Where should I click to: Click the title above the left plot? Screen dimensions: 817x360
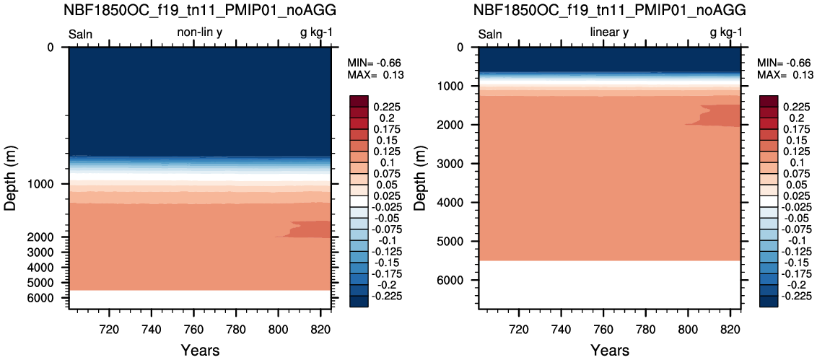[x=201, y=9]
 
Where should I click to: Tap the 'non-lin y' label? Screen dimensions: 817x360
[x=201, y=32]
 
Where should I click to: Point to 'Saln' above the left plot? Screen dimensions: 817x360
[x=80, y=35]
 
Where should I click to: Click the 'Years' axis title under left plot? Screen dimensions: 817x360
[x=200, y=349]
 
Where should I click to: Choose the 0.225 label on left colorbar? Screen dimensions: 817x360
[x=386, y=107]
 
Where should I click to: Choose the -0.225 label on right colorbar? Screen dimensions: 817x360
[x=795, y=297]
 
